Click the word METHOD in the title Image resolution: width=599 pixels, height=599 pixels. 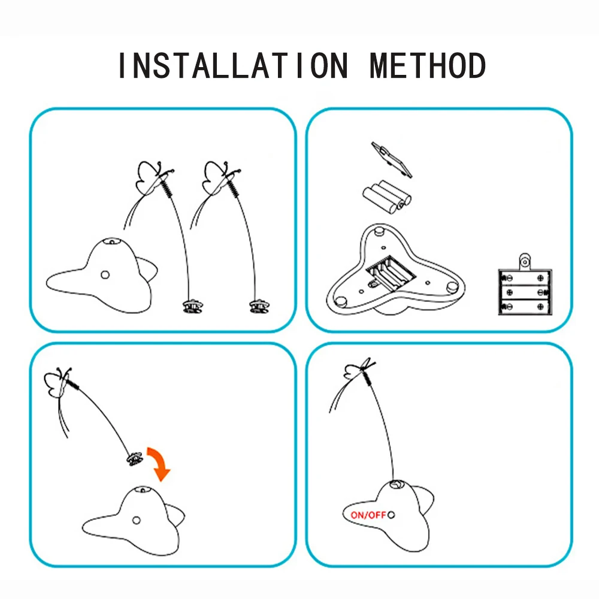coord(428,66)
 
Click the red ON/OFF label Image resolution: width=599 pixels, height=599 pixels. coord(367,515)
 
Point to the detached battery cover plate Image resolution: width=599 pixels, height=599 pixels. coord(392,159)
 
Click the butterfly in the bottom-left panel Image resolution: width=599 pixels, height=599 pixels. coord(60,383)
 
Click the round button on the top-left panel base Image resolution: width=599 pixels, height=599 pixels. coord(105,275)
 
